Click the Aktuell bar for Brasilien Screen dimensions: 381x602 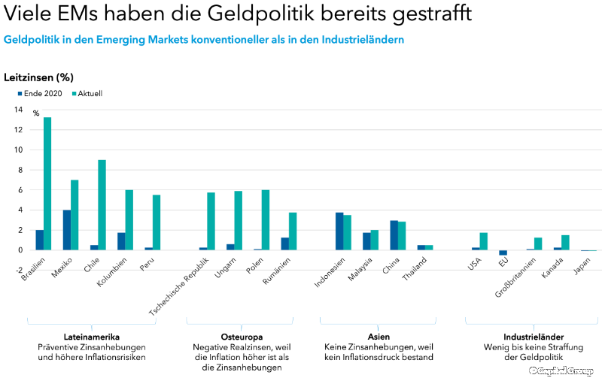[47, 184]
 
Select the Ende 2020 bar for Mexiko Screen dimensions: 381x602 [66, 230]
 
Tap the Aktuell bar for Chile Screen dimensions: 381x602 [102, 205]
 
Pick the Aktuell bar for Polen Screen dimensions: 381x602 [265, 220]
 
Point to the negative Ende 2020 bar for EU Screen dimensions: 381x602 [503, 253]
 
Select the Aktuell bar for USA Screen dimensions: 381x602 [484, 241]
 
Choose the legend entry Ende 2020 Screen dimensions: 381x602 [41, 94]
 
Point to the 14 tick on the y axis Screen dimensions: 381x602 [18, 110]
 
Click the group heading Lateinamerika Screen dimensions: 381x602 [92, 337]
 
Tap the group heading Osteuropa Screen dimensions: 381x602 [241, 337]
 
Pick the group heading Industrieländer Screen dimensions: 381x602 [534, 337]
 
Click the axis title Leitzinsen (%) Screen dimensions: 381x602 [38, 77]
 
